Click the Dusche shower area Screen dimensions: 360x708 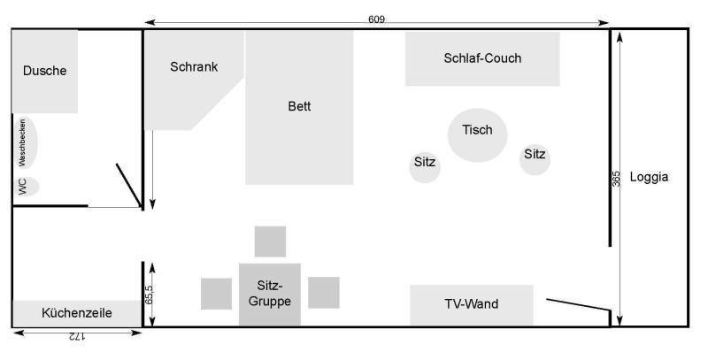tap(44, 71)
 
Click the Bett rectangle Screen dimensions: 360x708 tap(299, 107)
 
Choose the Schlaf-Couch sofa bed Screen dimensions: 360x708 tap(482, 59)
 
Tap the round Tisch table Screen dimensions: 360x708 tap(477, 135)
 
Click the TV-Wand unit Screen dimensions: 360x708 tap(471, 305)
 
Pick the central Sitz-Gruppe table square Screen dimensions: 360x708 tap(269, 294)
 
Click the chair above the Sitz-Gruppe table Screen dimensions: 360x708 tap(270, 241)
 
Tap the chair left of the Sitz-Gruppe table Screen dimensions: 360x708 tap(216, 293)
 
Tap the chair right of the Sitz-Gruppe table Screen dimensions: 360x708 tap(324, 292)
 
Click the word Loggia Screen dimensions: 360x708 tap(649, 177)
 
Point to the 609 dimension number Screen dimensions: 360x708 tap(377, 19)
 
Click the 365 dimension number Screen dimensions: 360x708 tap(617, 178)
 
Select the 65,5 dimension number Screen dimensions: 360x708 tap(150, 293)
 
